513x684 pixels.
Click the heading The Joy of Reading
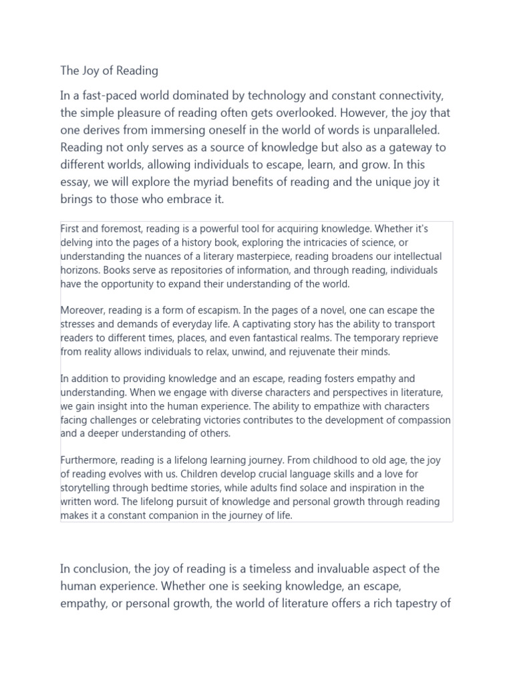click(109, 70)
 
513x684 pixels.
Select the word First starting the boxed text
click(71, 229)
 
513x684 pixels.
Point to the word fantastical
click(311, 338)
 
